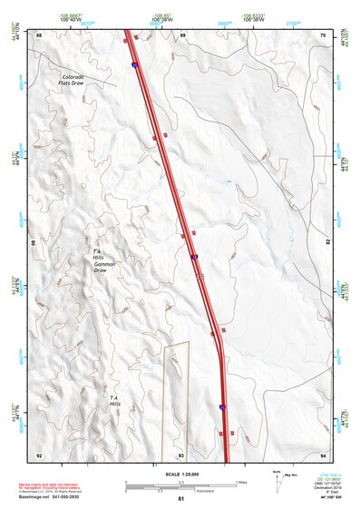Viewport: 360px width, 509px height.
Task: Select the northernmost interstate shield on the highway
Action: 135,65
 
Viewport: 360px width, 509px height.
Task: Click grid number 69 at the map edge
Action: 182,34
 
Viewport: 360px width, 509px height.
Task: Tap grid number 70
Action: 324,34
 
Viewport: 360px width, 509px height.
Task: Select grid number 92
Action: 39,455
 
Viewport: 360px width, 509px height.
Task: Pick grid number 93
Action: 181,455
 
